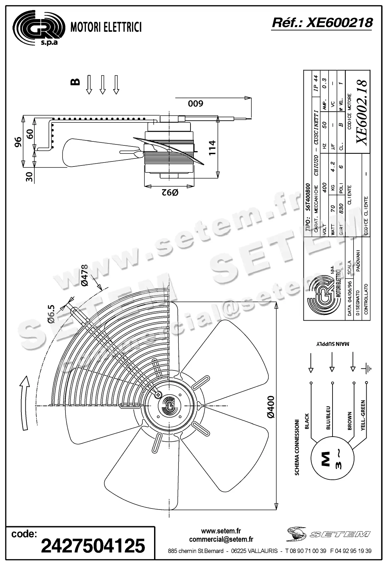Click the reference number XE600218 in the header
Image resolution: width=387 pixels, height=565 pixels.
(322, 23)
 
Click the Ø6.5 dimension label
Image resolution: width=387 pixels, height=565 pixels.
(51, 314)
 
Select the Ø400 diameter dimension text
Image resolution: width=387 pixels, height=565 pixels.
(271, 407)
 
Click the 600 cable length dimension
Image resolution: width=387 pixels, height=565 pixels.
(195, 104)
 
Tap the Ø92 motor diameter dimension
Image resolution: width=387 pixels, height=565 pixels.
(170, 193)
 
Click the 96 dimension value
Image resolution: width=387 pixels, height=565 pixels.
(18, 142)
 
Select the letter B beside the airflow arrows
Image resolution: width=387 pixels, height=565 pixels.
(76, 82)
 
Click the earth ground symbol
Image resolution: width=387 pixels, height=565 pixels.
(367, 369)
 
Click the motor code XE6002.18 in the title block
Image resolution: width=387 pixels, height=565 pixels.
(362, 112)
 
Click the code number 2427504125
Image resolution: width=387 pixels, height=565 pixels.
(93, 546)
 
